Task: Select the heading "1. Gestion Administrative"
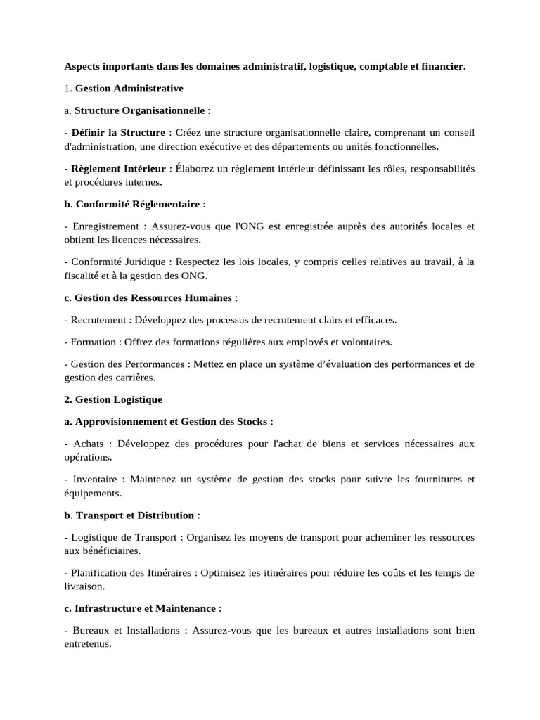coord(124,89)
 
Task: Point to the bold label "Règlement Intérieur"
coord(118,169)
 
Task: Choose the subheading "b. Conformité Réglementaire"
coord(135,204)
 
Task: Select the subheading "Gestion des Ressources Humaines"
coord(150,297)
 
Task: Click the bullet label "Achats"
coord(87,444)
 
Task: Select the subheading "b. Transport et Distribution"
coord(131,515)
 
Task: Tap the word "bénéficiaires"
coord(110,551)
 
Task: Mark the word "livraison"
coord(84,586)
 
